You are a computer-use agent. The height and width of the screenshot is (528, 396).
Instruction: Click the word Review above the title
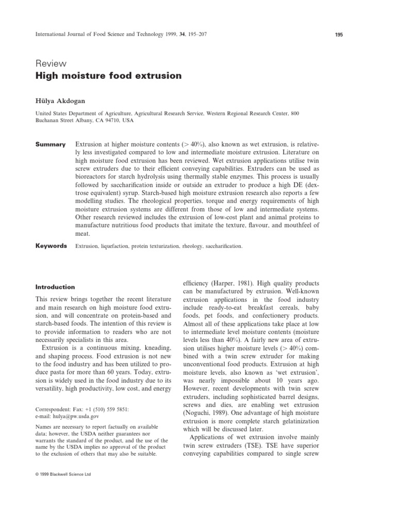51,63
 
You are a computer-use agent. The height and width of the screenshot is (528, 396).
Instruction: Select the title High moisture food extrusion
108,76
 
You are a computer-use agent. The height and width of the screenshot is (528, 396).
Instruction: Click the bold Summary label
50,144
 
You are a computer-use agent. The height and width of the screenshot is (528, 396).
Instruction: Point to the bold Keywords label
51,246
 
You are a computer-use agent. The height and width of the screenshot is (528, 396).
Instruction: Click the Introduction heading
55,287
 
